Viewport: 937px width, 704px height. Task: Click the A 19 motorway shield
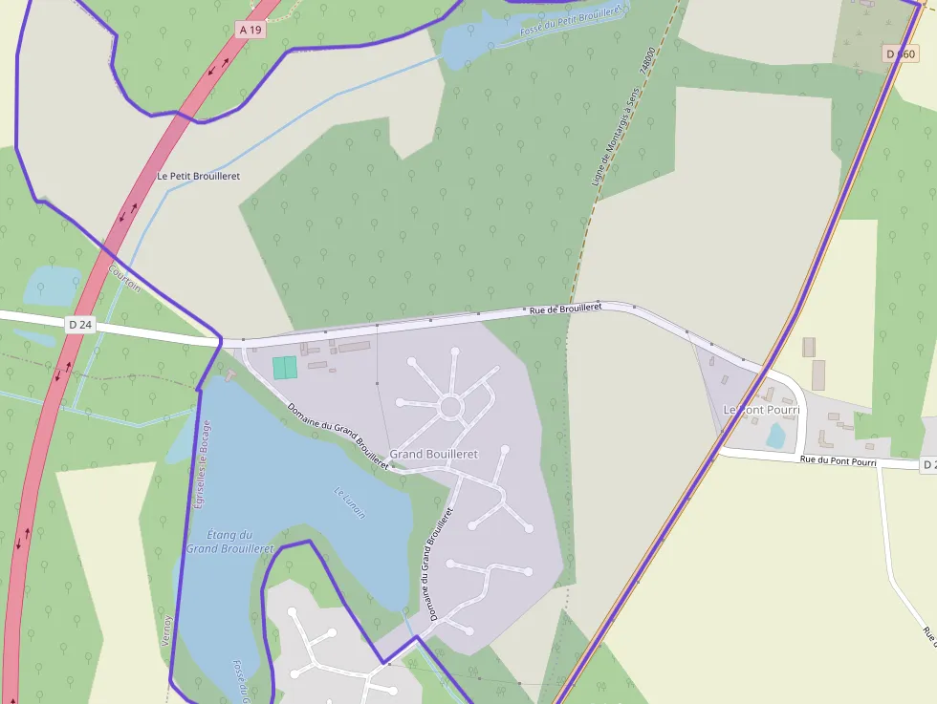[251, 30]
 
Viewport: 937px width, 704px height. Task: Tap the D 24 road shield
[80, 325]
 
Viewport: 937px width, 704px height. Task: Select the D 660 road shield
[901, 54]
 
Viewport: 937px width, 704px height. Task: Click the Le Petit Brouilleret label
[199, 176]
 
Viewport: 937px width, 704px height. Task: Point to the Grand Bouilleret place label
[433, 454]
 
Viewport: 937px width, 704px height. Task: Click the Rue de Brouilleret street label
[565, 309]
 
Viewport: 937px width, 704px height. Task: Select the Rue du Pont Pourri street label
[838, 462]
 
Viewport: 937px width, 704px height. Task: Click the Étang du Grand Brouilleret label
[230, 542]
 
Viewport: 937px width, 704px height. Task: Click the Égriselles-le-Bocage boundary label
[202, 464]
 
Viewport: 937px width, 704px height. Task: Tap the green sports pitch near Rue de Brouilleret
[285, 368]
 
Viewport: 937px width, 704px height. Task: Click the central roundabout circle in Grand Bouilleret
[450, 408]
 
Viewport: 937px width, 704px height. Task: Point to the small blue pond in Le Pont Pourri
[775, 436]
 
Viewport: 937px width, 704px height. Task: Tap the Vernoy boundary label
[166, 629]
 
